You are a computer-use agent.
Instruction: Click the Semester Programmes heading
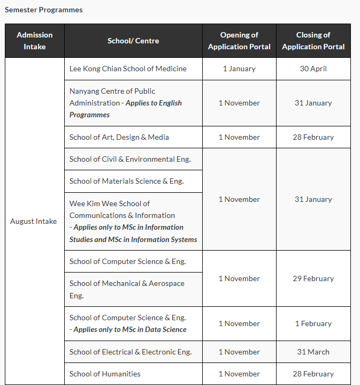(x=44, y=10)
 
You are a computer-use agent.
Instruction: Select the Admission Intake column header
(x=35, y=41)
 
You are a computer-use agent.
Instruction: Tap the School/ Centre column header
(x=133, y=41)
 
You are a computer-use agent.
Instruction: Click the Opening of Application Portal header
(x=239, y=41)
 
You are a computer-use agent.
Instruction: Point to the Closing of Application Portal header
(x=313, y=41)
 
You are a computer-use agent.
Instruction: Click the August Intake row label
(x=34, y=221)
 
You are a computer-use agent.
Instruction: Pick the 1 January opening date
(x=239, y=69)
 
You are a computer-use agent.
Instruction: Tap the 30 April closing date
(x=313, y=69)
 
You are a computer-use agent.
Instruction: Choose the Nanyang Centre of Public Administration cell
(x=126, y=103)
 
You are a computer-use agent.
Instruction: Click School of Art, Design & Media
(x=119, y=137)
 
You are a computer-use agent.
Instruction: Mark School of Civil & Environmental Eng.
(x=130, y=159)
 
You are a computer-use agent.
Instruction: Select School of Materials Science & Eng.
(x=127, y=181)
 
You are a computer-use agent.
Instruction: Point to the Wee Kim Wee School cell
(x=133, y=221)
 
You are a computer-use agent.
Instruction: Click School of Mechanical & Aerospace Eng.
(x=127, y=289)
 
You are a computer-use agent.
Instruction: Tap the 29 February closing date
(x=313, y=278)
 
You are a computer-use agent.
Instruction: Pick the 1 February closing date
(x=313, y=323)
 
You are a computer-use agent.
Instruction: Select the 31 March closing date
(x=313, y=352)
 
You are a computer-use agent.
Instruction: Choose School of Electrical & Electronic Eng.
(x=131, y=352)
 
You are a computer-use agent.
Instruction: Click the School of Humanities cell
(x=105, y=374)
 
